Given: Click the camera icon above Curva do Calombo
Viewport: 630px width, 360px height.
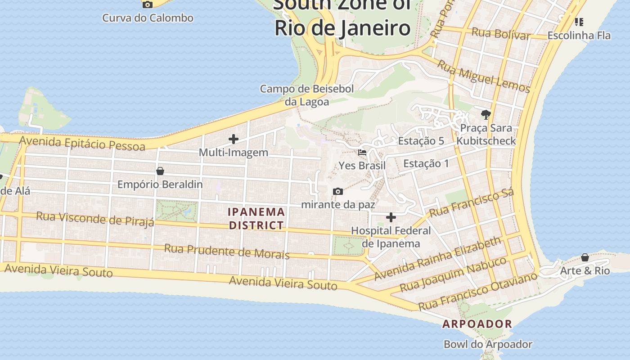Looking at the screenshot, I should (147, 4).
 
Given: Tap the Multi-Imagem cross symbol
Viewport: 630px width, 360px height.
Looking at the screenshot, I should (234, 139).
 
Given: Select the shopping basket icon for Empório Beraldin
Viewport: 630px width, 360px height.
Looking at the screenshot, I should (160, 171).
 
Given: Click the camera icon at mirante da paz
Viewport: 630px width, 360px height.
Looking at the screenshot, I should (338, 192).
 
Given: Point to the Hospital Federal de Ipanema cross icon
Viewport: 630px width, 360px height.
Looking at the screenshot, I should (391, 218).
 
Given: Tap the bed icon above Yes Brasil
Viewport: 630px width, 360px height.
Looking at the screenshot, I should (362, 153).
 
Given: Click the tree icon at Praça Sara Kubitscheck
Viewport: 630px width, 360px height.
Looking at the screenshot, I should (486, 115).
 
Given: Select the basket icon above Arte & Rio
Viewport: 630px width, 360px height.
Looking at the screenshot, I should (585, 257).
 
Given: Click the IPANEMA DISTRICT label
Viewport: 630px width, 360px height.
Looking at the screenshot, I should (256, 218).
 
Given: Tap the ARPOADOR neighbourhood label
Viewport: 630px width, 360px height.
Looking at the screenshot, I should (477, 324).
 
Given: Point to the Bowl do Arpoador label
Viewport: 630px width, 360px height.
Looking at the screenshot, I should (488, 344).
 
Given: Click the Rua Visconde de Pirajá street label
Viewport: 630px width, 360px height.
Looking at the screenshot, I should (95, 218).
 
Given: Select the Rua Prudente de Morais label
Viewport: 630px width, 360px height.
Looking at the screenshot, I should (226, 251).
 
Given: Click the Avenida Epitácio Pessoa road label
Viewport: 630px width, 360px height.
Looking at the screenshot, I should (82, 144).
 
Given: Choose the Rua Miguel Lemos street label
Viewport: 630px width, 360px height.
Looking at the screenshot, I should (484, 76).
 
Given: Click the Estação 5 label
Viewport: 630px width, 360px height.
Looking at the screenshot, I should (421, 141).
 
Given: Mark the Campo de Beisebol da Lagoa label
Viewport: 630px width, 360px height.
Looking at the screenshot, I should (307, 95).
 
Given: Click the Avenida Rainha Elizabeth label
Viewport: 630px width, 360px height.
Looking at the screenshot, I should (437, 258).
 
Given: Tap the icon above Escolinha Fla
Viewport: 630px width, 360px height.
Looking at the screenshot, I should (579, 22).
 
